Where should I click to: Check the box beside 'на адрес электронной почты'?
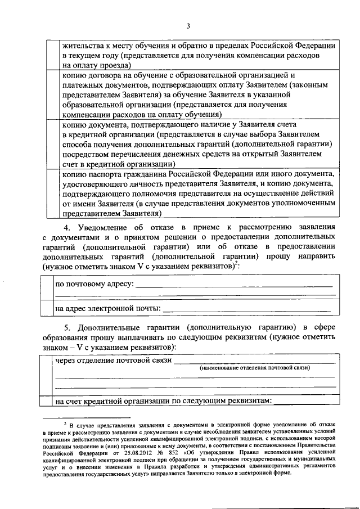47,308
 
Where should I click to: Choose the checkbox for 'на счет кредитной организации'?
46,400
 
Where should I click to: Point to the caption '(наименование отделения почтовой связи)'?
255,368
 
